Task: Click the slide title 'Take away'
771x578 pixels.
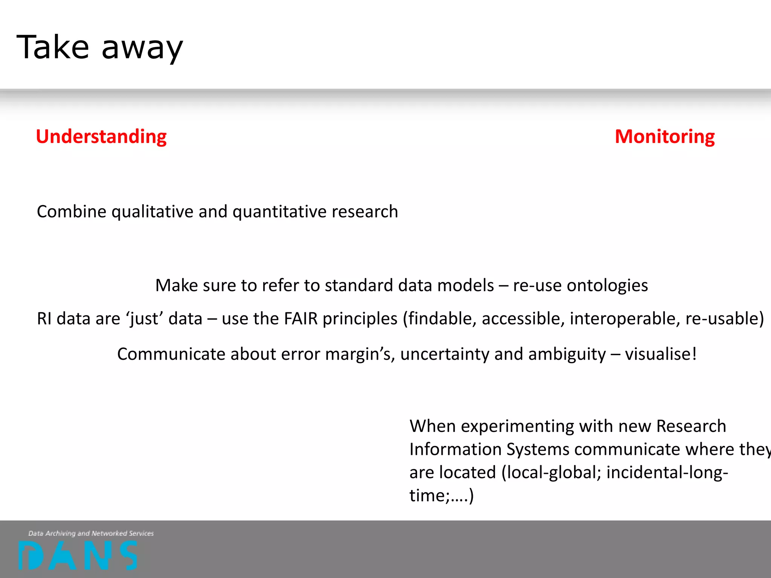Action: pyautogui.click(x=100, y=48)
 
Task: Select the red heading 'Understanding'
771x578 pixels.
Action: pyautogui.click(x=101, y=136)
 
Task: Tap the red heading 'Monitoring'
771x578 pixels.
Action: pyautogui.click(x=664, y=136)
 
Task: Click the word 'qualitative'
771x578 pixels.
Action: pyautogui.click(x=152, y=212)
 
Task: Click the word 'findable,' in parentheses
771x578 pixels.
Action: pyautogui.click(x=440, y=319)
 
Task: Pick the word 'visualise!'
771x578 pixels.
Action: pyautogui.click(x=661, y=354)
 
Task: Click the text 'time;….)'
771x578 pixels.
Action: pyautogui.click(x=441, y=496)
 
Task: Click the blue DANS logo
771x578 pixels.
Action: pyautogui.click(x=78, y=555)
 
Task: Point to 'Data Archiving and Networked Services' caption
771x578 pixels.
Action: pyautogui.click(x=91, y=533)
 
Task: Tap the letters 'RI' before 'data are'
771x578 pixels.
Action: pyautogui.click(x=44, y=319)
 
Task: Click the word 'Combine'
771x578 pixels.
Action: pyautogui.click(x=72, y=212)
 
